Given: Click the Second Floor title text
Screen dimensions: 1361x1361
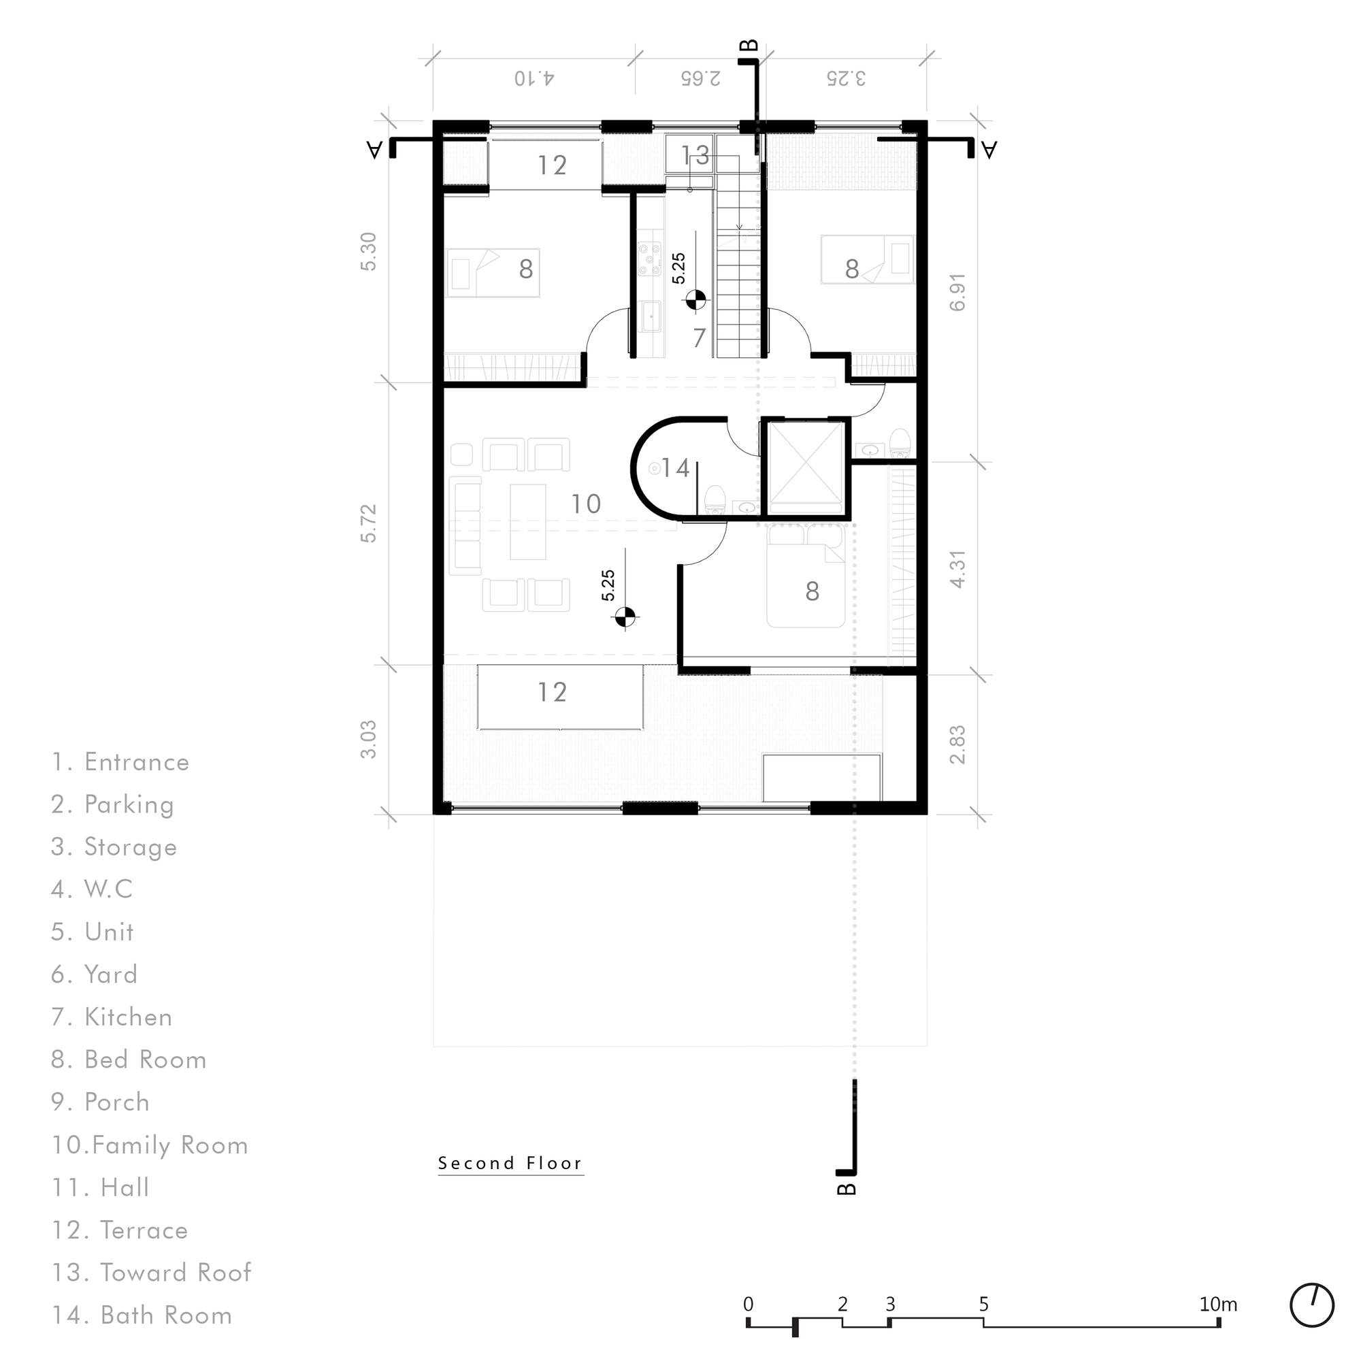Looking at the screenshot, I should [x=510, y=1163].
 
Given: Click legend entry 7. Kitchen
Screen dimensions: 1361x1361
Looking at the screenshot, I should [x=112, y=1017].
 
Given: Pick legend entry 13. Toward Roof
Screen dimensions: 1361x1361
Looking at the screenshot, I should [x=152, y=1273].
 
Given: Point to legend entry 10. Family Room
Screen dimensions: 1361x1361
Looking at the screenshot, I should [x=150, y=1145].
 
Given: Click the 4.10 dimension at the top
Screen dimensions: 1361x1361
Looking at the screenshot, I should [x=534, y=78].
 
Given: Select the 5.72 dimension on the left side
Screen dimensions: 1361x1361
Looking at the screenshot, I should [x=368, y=523].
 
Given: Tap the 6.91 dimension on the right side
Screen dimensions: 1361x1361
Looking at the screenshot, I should [x=957, y=293].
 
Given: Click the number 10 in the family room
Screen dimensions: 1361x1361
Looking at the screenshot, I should [x=585, y=504].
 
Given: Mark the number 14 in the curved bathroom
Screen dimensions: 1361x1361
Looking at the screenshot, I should [x=675, y=468].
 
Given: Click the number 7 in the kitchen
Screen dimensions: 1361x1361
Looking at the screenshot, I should [x=698, y=338].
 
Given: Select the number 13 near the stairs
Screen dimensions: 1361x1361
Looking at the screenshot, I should [x=695, y=156].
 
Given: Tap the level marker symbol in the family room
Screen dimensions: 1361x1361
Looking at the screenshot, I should [x=624, y=617].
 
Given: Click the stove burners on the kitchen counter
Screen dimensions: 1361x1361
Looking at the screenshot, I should [x=649, y=259].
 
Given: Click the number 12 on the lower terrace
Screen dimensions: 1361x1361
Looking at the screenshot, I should [x=552, y=693].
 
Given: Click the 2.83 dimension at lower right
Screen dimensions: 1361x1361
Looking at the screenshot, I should [x=957, y=744].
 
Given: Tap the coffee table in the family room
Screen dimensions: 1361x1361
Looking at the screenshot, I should [x=527, y=521].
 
